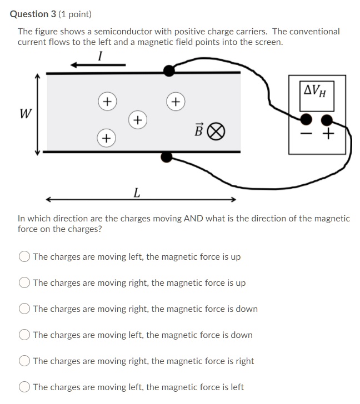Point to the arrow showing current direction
pos(98,65)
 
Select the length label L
pos(137,193)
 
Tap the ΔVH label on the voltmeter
pos(315,89)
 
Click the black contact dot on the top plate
pos(168,70)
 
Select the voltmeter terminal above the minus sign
pos(306,118)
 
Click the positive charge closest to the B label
pos(175,102)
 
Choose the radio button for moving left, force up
pos(25,257)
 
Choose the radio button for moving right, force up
pos(25,283)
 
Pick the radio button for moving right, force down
pos(25,309)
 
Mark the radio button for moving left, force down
pos(25,335)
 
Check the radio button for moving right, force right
pos(25,361)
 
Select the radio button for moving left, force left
pos(25,387)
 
